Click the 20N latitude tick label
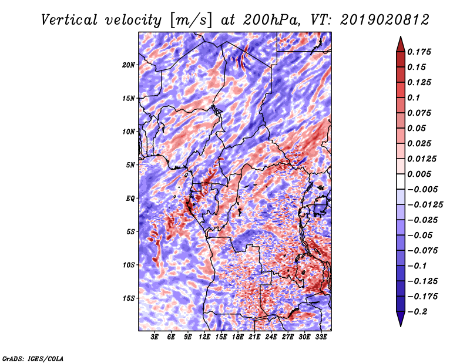coord(129,65)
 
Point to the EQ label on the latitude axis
coord(131,198)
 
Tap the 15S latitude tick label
coord(129,298)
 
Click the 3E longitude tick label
coord(155,337)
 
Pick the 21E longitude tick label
coord(254,337)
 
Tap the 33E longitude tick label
coord(321,337)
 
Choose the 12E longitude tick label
coord(204,337)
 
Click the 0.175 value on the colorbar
coord(421,52)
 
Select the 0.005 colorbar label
coord(421,174)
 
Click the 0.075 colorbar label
coord(421,113)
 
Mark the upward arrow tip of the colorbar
coord(399,38)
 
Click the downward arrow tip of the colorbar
coord(399,325)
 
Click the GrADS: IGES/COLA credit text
coord(32,358)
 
